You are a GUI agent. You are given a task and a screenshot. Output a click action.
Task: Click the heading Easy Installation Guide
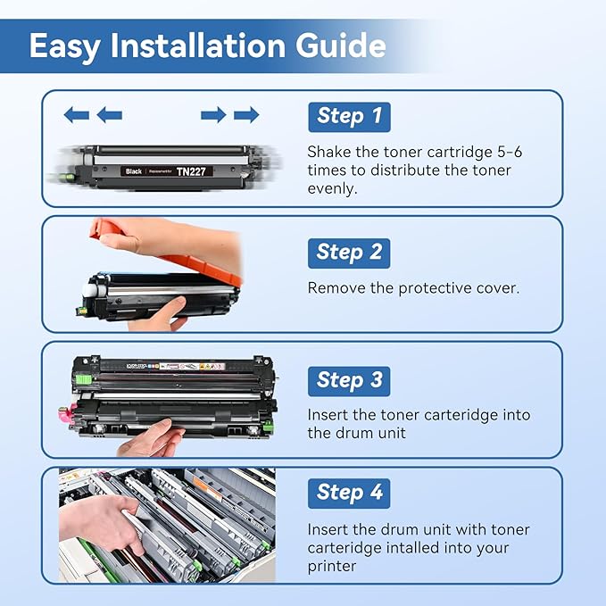[207, 46]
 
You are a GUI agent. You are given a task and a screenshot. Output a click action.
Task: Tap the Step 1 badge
[349, 116]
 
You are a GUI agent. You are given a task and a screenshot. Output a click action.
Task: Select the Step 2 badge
[349, 253]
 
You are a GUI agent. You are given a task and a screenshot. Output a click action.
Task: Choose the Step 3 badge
[349, 380]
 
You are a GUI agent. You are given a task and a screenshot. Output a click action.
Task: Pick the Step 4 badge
[349, 492]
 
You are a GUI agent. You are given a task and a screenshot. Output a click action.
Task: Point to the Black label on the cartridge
[134, 170]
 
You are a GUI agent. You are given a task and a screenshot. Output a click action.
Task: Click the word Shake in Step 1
[328, 152]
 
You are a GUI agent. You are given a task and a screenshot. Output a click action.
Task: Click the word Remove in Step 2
[334, 288]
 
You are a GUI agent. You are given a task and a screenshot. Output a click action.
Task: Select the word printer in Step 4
[332, 566]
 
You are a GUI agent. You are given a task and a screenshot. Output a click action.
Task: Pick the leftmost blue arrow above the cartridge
[77, 114]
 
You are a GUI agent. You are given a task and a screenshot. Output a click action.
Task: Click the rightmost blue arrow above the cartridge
[246, 114]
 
